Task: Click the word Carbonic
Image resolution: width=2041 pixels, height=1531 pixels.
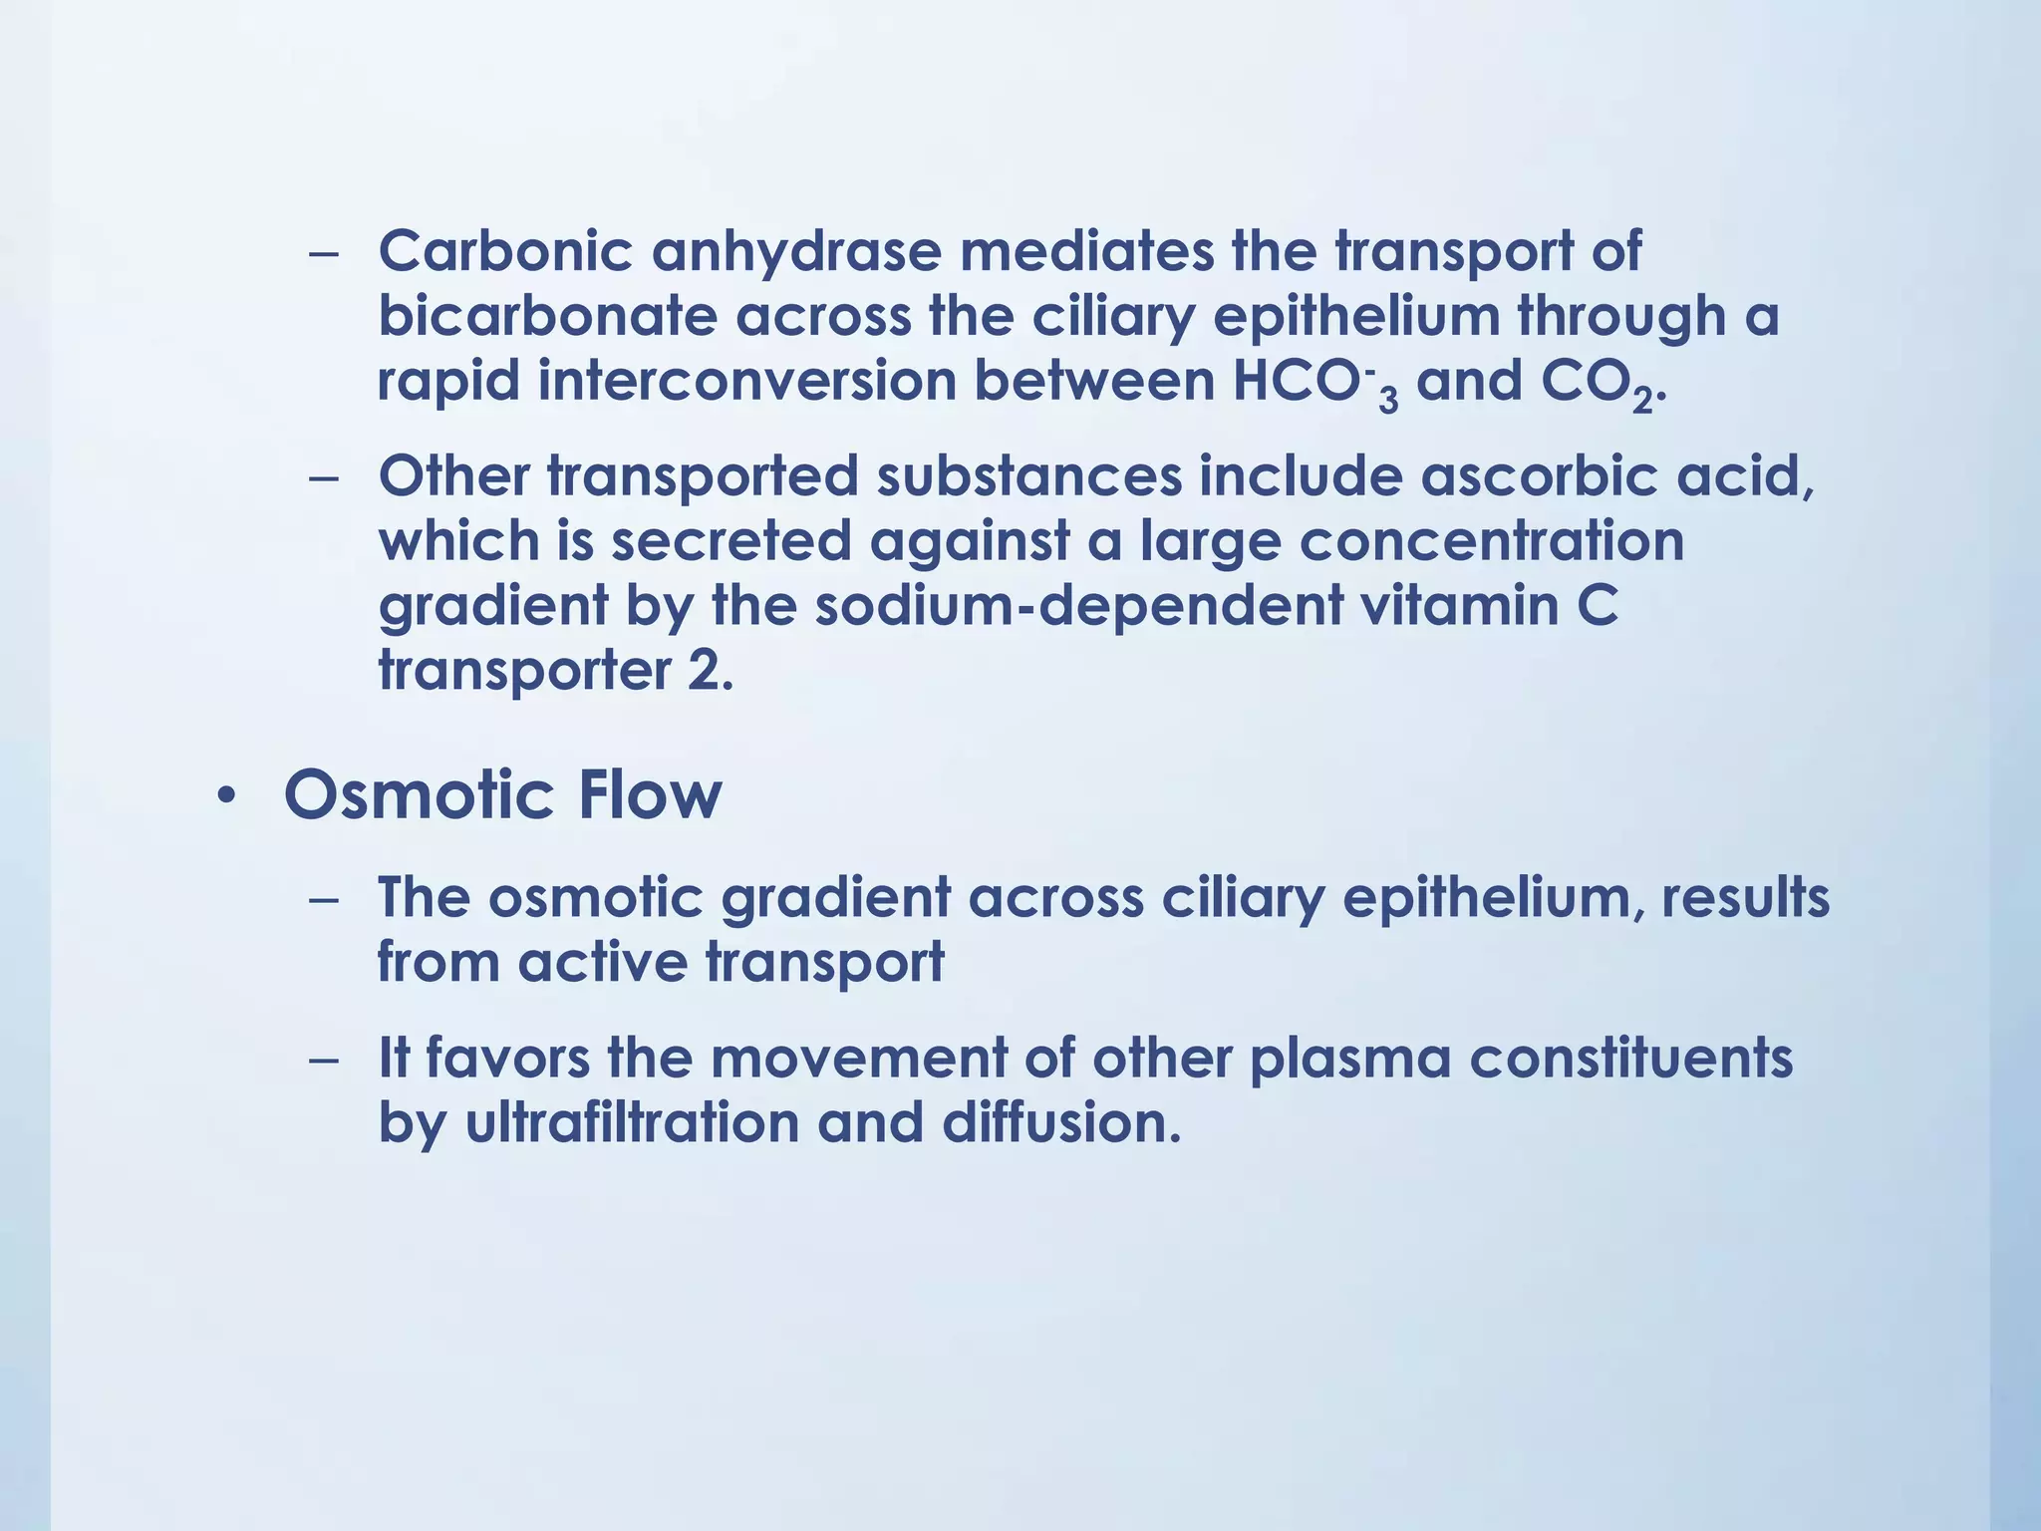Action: pos(505,251)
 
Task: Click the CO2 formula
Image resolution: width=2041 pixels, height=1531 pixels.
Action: pos(1597,383)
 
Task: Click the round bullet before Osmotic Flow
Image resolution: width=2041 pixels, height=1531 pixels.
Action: pos(227,797)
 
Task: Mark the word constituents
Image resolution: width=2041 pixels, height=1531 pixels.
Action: pos(1631,1059)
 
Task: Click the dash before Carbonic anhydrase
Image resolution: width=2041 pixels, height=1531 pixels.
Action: pos(324,253)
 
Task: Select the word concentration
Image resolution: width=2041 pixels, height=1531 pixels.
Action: pos(1491,541)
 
